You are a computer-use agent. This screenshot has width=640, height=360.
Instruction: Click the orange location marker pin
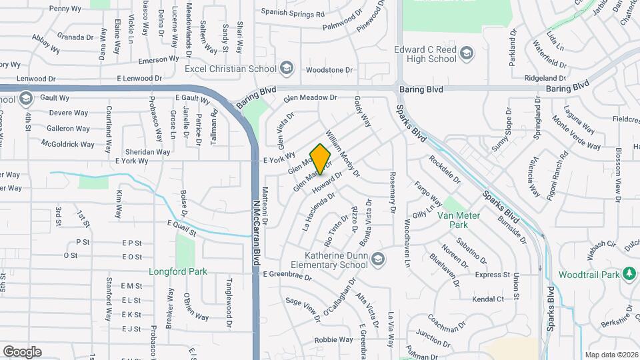pos(321,159)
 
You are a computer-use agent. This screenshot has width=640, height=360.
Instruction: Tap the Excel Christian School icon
pos(287,67)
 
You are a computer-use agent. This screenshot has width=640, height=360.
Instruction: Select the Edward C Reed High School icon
pos(466,53)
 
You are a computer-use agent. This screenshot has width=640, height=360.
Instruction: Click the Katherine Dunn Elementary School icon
pos(378,258)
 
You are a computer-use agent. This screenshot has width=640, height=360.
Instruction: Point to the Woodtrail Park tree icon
pos(628,274)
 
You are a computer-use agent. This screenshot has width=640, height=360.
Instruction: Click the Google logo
pos(23,351)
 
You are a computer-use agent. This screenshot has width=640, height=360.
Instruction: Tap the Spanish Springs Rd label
pos(292,13)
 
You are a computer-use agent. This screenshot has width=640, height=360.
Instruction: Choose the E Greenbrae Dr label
pos(287,273)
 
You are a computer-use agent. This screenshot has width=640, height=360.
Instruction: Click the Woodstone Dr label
pos(329,70)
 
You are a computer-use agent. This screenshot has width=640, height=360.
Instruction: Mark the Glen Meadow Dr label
pos(310,98)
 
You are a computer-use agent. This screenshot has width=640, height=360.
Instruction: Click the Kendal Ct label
pos(488,299)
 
